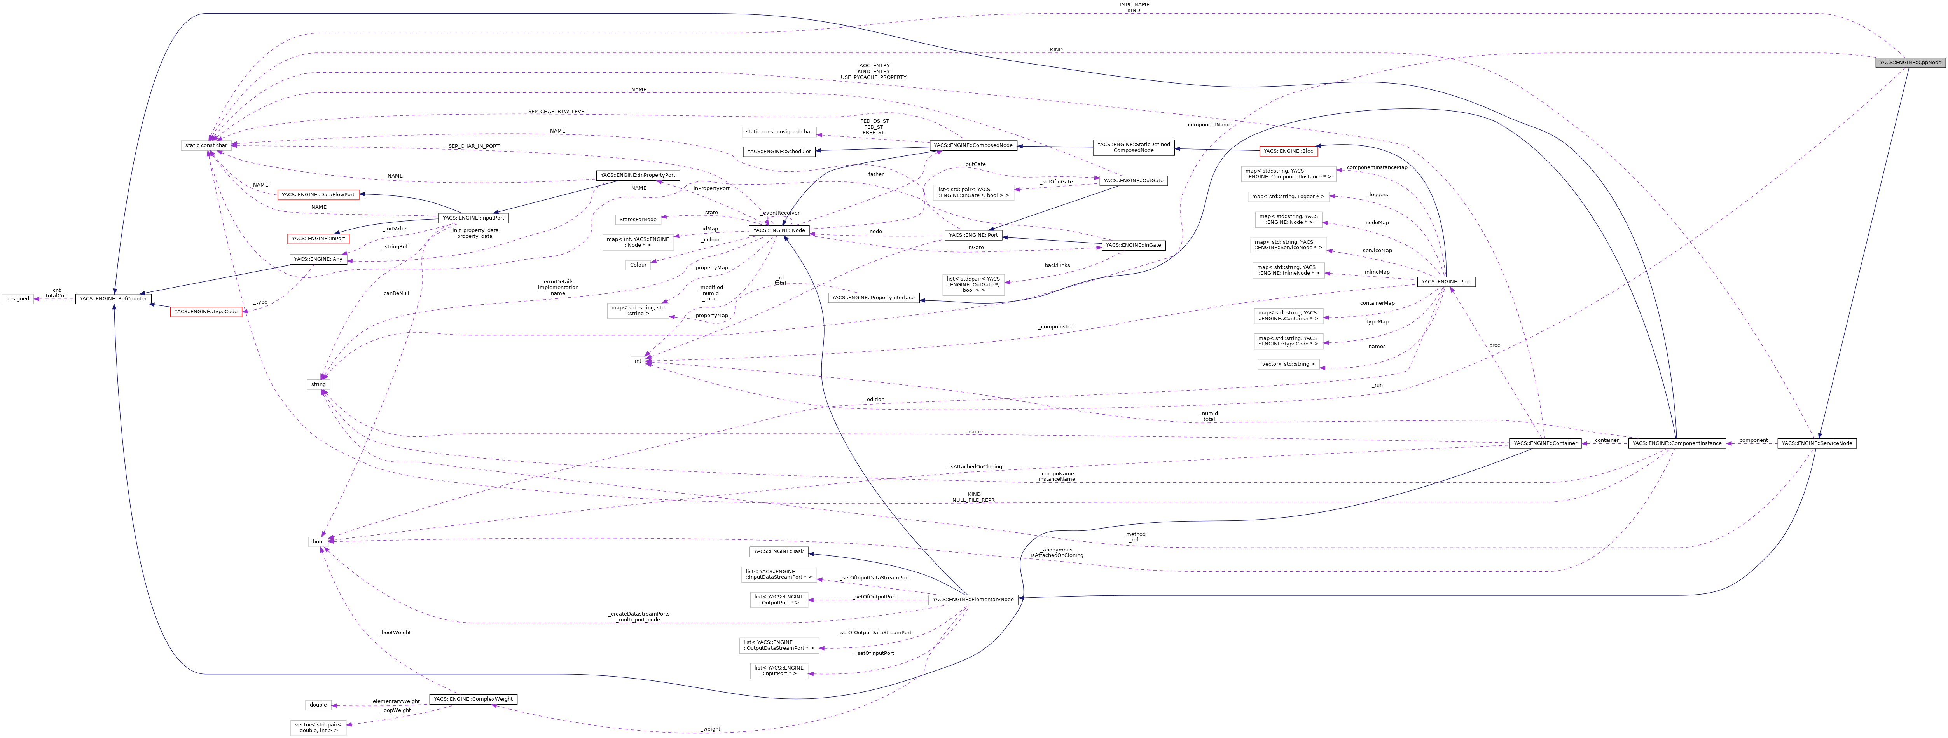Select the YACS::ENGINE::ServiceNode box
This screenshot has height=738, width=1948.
pos(1816,443)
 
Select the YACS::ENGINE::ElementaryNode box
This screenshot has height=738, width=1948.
pos(973,600)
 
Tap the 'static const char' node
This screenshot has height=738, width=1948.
pos(206,145)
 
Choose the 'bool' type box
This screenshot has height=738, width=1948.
pos(318,541)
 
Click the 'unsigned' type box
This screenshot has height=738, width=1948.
pos(17,299)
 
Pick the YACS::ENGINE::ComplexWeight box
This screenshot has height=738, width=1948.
pos(473,700)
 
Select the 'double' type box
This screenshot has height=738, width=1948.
pos(318,705)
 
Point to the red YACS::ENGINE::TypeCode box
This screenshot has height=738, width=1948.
pos(206,312)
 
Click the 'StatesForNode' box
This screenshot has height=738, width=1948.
pos(638,219)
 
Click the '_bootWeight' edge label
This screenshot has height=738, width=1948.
pos(395,632)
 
